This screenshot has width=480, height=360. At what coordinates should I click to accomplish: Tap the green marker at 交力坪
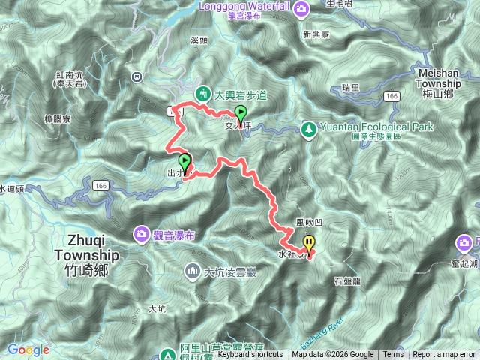pyautogui.click(x=241, y=115)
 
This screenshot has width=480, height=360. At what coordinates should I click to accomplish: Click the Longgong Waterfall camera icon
pyautogui.click(x=301, y=9)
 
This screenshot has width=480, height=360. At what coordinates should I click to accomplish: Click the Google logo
pyautogui.click(x=28, y=349)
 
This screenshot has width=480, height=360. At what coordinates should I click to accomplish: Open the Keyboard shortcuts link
pyautogui.click(x=250, y=355)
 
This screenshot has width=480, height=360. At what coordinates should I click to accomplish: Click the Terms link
pyautogui.click(x=393, y=355)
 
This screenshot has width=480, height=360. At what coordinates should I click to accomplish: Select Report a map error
pyautogui.click(x=444, y=355)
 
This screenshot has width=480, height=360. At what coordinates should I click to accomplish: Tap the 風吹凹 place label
pyautogui.click(x=308, y=222)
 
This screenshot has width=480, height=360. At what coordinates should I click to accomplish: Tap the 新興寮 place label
pyautogui.click(x=316, y=34)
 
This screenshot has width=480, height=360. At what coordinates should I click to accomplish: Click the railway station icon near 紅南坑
pyautogui.click(x=136, y=75)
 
